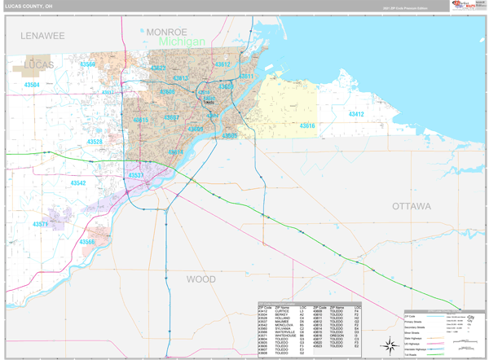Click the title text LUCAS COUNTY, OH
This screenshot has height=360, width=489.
[x=29, y=6]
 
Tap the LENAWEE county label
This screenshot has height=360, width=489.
[x=42, y=36]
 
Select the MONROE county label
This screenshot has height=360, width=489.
[x=166, y=32]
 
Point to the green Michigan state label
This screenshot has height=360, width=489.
[x=182, y=42]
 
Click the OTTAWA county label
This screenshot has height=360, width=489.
[x=411, y=207]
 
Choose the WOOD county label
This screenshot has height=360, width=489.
[x=201, y=279]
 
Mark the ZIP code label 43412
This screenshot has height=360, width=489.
[x=355, y=115]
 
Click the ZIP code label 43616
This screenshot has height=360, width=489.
[x=306, y=126]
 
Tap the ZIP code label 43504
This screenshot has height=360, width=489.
[x=31, y=85]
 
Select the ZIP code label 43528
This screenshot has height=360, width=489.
[x=95, y=142]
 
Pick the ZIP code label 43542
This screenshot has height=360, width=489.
[x=77, y=183]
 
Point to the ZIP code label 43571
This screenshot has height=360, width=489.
[x=41, y=224]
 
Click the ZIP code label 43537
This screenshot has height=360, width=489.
[x=135, y=175]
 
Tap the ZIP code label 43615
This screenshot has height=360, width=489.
[x=140, y=121]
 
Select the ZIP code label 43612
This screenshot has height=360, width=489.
[x=222, y=64]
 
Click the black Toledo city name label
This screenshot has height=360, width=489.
[x=208, y=102]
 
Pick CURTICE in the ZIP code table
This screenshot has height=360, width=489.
[x=282, y=311]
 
